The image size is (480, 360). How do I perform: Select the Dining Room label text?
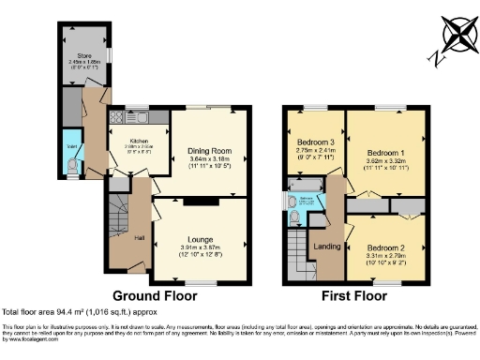[x=211, y=150]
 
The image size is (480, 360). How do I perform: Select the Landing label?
[x=327, y=246]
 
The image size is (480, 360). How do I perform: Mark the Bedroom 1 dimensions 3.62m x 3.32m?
[x=383, y=160]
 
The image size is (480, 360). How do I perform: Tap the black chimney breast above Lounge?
[x=199, y=200]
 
